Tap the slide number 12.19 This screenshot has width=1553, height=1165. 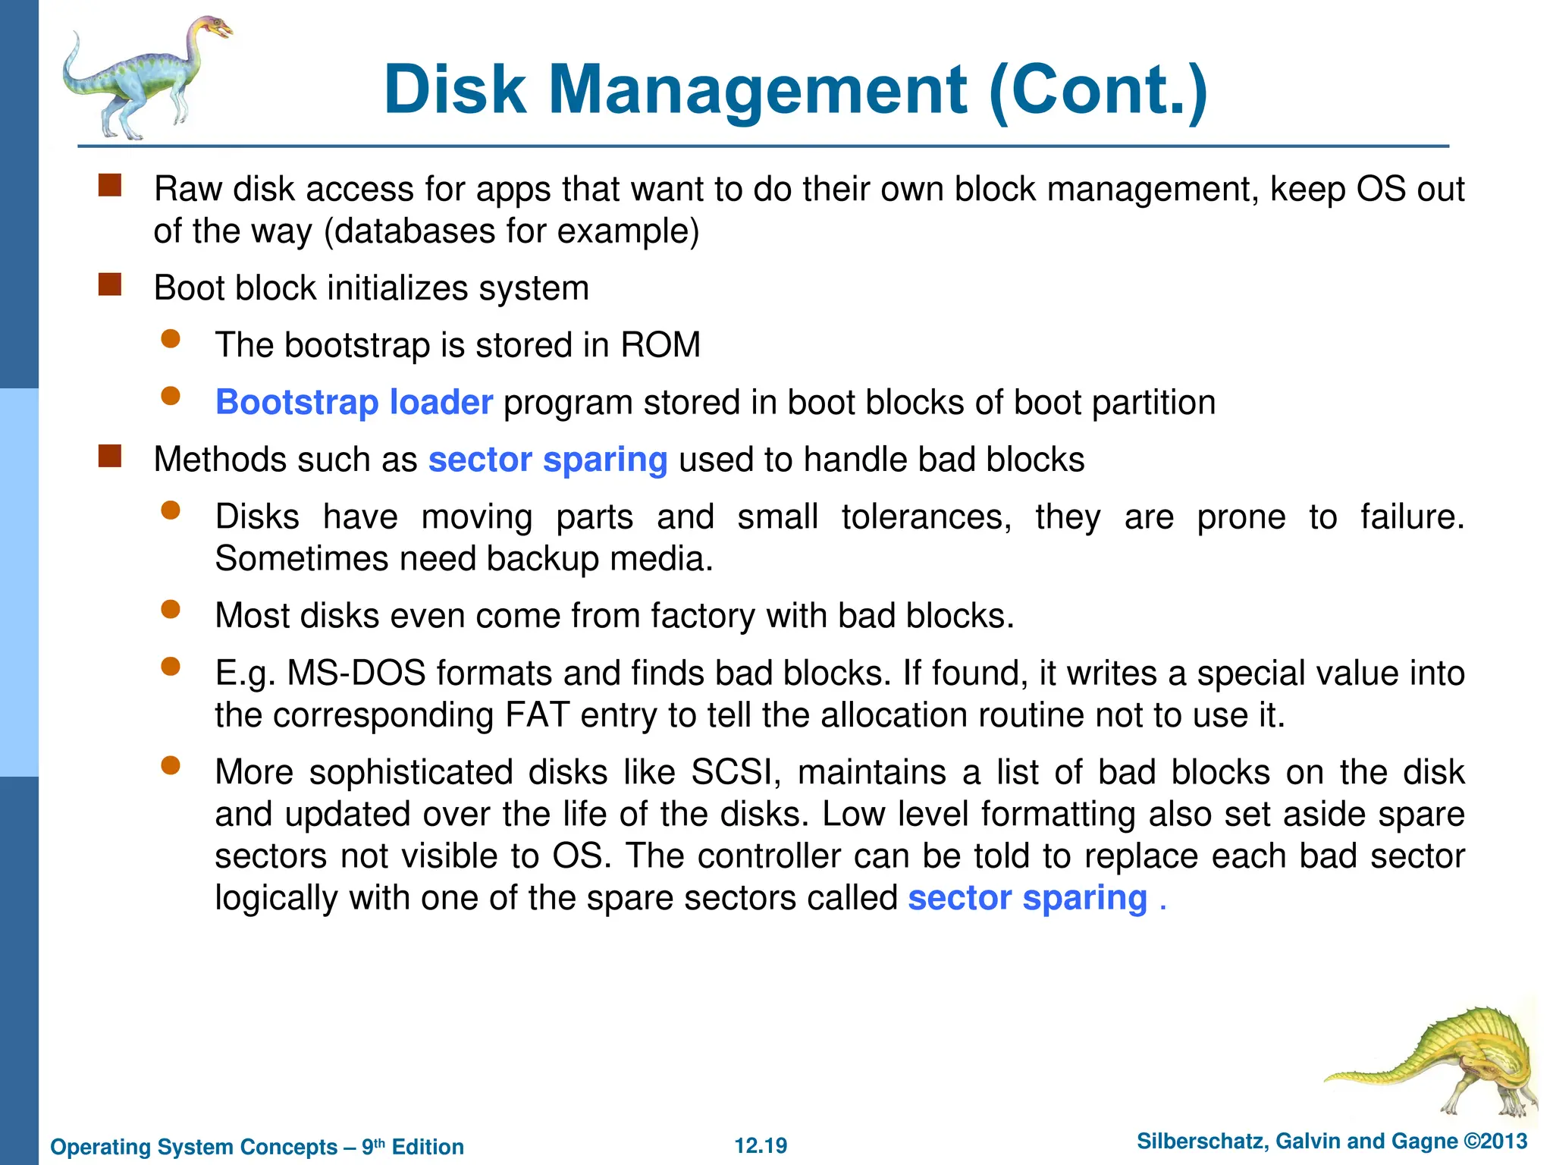click(761, 1145)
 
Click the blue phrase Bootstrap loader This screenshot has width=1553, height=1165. click(354, 403)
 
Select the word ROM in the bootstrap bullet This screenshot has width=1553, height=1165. click(660, 345)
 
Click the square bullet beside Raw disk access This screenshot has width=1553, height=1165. click(110, 186)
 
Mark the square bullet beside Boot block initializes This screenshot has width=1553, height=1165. click(110, 285)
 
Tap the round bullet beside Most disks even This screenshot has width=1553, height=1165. click(171, 609)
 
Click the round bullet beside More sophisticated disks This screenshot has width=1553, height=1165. click(171, 766)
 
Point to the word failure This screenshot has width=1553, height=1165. click(1411, 517)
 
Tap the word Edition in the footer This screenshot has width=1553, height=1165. click(428, 1147)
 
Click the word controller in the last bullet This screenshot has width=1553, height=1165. click(769, 856)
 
